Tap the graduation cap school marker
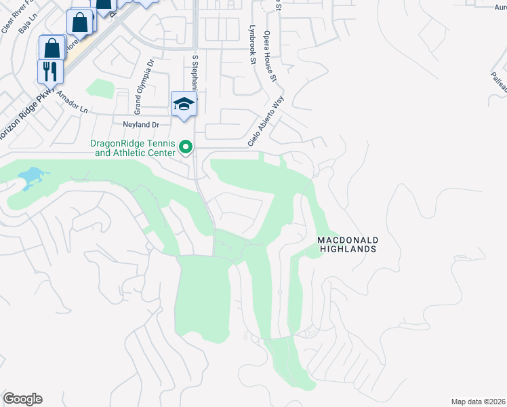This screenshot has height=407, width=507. click(183, 104)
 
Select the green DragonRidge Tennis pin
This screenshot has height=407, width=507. click(184, 147)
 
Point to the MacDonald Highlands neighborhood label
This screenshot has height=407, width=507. click(347, 245)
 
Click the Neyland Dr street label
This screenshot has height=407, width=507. click(140, 125)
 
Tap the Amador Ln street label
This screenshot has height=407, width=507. click(73, 102)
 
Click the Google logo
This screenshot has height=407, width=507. click(22, 399)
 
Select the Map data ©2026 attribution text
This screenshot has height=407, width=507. click(478, 402)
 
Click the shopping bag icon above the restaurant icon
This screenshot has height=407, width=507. click(52, 48)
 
